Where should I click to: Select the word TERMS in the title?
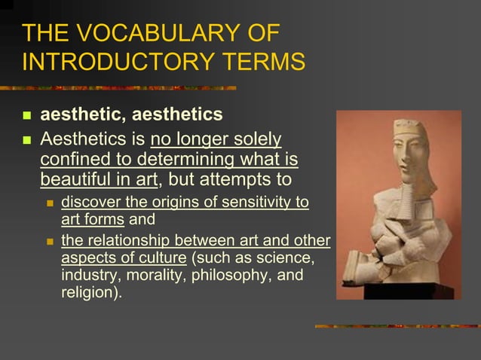click(x=262, y=61)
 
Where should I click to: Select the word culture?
click(x=160, y=258)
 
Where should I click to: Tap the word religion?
click(x=89, y=292)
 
